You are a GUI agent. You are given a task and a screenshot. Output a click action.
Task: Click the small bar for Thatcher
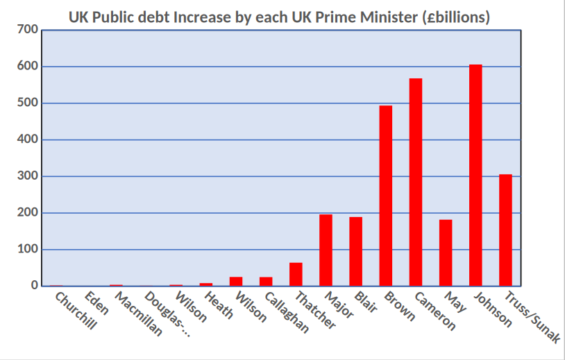[296, 274]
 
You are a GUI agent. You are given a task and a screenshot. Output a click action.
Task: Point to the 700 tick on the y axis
[27, 30]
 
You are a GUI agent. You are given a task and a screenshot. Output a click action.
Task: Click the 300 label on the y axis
[27, 176]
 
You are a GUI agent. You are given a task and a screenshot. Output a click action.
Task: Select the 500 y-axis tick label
[27, 103]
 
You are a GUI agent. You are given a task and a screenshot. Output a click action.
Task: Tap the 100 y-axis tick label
[27, 249]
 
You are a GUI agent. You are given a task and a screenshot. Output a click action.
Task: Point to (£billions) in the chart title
[456, 17]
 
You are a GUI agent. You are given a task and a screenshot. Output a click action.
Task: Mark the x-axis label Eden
[96, 303]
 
